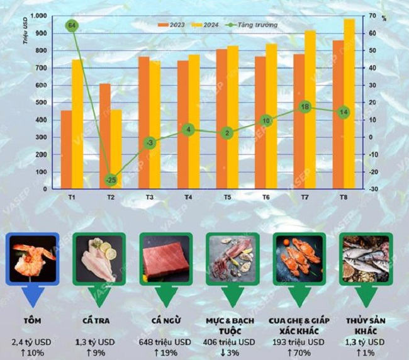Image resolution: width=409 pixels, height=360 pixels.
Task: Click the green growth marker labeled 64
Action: pos(72,26)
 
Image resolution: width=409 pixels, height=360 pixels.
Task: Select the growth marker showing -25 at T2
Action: pos(111,180)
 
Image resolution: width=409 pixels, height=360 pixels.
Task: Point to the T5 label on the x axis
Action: pos(227,198)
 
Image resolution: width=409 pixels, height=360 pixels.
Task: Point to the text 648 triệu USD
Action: pos(165,342)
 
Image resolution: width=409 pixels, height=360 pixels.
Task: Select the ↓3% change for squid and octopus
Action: pos(232,352)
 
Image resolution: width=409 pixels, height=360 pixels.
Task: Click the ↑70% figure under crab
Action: pos(300,352)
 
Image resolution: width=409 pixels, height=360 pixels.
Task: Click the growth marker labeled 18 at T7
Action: pos(305,107)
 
